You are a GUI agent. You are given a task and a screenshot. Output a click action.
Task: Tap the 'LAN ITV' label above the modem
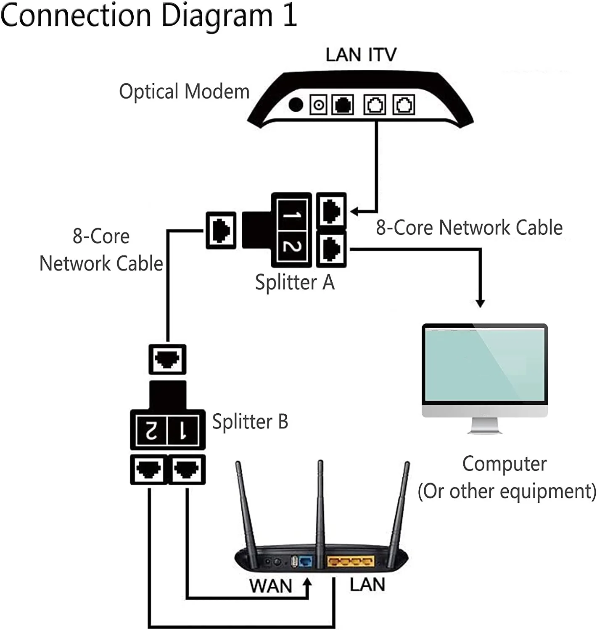point(361,55)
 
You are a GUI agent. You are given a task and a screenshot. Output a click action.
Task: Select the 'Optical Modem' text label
point(184,92)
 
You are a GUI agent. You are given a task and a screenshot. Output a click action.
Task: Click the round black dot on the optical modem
point(296,105)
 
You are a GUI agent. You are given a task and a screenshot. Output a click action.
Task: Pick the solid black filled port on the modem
point(343,105)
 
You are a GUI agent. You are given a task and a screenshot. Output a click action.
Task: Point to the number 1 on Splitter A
point(292,215)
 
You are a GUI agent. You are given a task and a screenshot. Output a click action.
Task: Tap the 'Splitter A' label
point(295,282)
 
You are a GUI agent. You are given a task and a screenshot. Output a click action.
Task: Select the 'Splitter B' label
point(250,422)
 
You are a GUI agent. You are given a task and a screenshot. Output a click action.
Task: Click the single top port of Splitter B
point(167,360)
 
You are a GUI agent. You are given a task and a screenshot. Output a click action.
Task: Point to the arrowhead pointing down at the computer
point(480,303)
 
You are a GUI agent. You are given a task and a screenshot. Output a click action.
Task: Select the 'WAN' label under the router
point(270,586)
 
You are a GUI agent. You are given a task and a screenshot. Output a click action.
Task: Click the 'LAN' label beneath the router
point(367,585)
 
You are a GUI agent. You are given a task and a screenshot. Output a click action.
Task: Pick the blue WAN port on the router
point(306,561)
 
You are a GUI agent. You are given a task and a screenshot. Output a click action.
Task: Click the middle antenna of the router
point(320,504)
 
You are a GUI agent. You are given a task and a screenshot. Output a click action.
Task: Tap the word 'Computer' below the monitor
point(505,464)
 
